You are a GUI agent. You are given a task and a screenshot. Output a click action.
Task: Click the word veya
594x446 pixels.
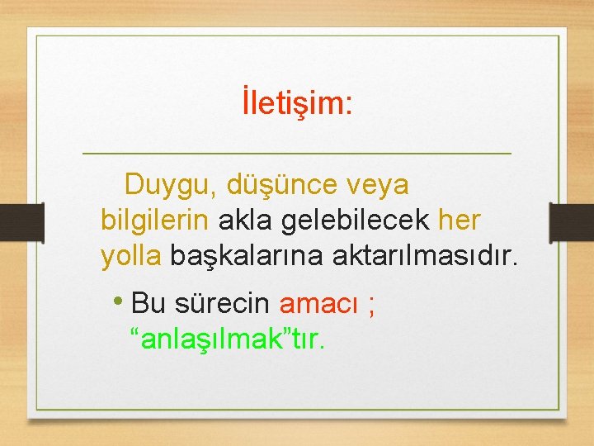pos(377,186)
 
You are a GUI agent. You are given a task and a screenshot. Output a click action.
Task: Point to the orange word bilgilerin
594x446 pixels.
pos(156,221)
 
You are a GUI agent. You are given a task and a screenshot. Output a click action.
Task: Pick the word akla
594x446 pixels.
pos(247,221)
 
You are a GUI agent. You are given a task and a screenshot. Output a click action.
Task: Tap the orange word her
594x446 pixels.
pos(460,221)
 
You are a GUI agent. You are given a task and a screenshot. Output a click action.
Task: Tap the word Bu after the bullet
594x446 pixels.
pos(149,304)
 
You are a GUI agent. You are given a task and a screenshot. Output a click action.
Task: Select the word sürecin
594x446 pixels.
pos(222,304)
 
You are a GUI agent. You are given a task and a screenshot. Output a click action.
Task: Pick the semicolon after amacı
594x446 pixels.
pos(373,306)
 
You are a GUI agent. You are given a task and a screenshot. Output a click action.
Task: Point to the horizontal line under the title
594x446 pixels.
pos(297,154)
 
